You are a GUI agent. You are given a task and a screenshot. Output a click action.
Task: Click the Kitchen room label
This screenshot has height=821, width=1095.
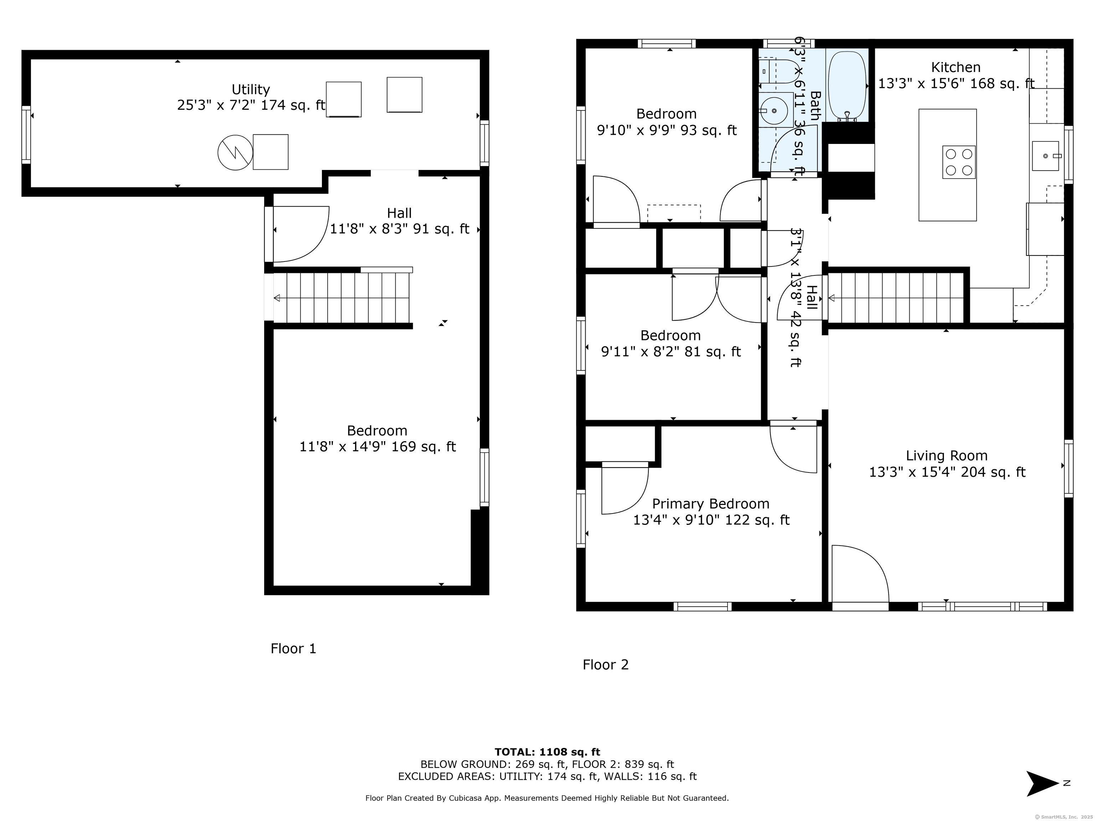955,67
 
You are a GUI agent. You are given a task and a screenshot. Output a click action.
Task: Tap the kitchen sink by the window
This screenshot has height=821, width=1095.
1045,156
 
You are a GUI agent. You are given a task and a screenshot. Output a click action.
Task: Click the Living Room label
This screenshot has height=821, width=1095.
946,456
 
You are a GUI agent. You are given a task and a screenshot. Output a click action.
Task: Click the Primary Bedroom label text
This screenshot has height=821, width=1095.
710,504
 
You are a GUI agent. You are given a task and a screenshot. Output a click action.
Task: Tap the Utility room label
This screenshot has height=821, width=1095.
251,89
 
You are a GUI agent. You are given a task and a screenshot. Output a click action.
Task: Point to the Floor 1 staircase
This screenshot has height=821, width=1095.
341,298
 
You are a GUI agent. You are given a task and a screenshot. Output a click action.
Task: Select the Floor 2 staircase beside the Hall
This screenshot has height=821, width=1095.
896,298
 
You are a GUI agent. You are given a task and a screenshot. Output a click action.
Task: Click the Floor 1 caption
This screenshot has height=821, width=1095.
293,648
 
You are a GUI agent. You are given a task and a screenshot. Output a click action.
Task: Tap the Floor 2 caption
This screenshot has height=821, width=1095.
605,665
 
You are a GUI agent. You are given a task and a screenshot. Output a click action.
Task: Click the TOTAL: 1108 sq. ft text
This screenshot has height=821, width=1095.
547,752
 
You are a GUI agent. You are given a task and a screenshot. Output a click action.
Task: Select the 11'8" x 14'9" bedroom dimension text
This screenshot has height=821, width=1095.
377,447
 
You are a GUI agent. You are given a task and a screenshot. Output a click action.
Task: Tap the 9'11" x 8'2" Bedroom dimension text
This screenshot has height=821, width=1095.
671,352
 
